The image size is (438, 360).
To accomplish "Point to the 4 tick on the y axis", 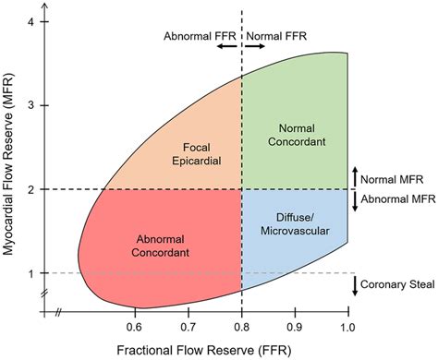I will (x=31, y=20).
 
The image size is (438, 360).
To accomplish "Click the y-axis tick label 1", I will (x=31, y=273).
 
